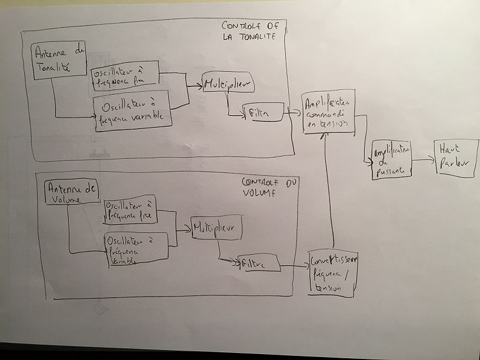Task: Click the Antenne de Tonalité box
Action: pos(59,62)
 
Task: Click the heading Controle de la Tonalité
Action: pos(248,31)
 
